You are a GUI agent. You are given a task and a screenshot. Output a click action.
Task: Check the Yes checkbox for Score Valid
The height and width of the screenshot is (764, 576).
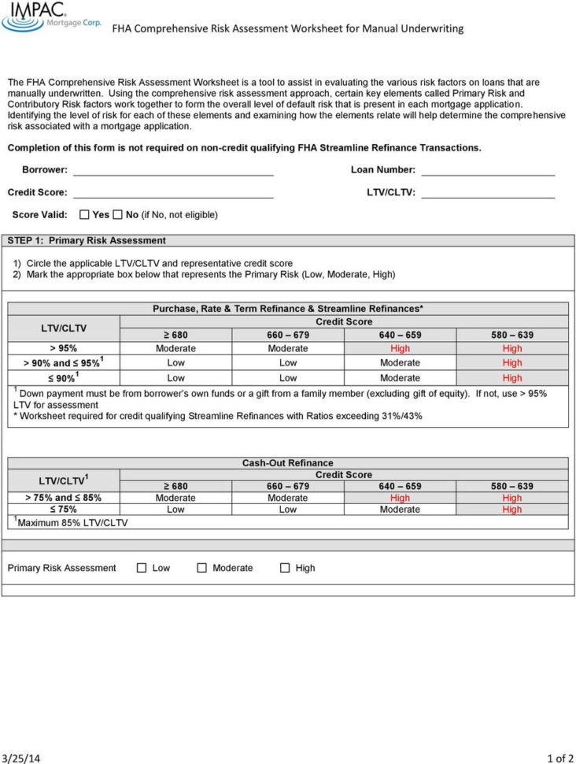coord(85,214)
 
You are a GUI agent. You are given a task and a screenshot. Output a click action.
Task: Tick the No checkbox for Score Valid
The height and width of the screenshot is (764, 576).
coord(117,214)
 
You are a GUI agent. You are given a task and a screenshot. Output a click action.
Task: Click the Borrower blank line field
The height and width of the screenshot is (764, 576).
coord(173,170)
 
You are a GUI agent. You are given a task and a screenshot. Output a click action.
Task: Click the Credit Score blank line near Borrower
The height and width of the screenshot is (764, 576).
coord(173,192)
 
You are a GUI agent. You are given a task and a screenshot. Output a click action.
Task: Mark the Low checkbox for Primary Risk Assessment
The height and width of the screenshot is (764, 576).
coord(142,568)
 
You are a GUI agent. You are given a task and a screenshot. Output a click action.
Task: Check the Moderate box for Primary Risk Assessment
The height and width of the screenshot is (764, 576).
coord(202,568)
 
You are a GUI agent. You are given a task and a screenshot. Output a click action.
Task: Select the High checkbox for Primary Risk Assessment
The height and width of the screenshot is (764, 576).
coord(285,568)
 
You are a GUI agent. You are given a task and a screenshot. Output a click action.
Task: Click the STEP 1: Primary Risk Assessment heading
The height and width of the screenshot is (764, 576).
coord(87,240)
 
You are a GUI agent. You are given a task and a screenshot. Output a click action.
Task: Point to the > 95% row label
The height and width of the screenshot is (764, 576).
coord(63,348)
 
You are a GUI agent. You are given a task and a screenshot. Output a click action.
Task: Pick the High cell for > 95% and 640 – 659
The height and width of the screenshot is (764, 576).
coord(400,348)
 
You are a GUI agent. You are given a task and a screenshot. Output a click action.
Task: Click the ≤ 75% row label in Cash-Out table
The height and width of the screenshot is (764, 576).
coord(63,510)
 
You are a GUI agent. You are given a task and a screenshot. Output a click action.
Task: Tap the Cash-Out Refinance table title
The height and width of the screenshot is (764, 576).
coord(288,463)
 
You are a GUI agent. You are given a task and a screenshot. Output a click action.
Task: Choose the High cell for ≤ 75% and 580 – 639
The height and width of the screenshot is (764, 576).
coord(512,510)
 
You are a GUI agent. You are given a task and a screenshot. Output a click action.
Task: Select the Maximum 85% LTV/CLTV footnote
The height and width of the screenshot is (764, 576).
coord(71,522)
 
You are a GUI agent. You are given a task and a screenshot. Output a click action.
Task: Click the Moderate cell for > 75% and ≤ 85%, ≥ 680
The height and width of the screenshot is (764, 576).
coord(175,498)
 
